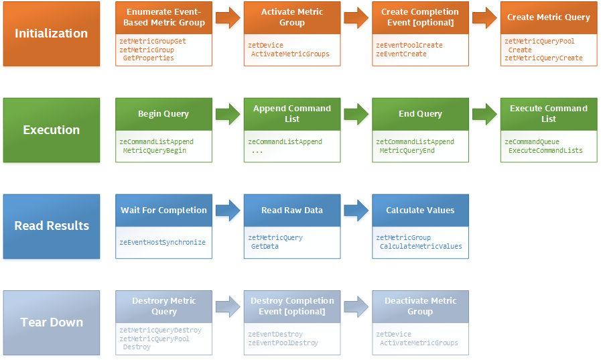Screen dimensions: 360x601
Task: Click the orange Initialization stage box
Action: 52,34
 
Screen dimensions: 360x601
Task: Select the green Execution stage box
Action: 52,130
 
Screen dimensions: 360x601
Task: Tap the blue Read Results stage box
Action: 52,226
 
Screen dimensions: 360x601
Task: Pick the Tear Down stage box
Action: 52,322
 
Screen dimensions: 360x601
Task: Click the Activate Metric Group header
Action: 292,17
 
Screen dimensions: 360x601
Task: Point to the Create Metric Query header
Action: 549,17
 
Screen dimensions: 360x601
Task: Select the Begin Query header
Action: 163,114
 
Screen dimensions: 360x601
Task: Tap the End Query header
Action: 420,114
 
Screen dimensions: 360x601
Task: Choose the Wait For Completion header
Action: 163,210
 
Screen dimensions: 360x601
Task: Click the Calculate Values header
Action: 420,210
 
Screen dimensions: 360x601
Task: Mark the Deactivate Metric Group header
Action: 420,306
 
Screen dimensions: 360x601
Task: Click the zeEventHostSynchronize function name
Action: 163,242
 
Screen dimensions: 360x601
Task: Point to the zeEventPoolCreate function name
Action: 409,45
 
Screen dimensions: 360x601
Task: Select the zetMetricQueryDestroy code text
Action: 160,330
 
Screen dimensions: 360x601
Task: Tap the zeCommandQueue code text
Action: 532,141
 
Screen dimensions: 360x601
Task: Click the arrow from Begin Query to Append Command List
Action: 228,114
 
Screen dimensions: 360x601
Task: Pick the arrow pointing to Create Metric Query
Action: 484,17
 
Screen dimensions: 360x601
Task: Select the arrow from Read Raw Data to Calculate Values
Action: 356,210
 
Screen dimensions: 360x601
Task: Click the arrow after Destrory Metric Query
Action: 228,306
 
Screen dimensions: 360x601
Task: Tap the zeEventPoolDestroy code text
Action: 283,343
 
